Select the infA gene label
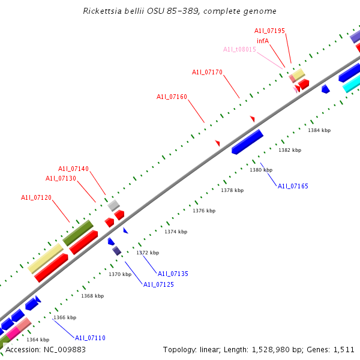(262, 41)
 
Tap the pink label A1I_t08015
(239, 50)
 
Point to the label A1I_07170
(207, 72)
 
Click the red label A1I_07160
(172, 97)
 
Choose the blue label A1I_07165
(293, 187)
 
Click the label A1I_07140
(73, 169)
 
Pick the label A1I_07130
(61, 178)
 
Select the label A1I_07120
(36, 197)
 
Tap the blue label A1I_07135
(173, 274)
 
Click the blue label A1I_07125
(158, 284)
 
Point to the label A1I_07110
(90, 338)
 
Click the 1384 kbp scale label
(319, 130)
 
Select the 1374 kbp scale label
(176, 232)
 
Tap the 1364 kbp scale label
(38, 340)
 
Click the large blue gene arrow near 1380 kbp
(247, 142)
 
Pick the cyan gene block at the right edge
(352, 85)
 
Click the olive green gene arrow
(78, 232)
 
